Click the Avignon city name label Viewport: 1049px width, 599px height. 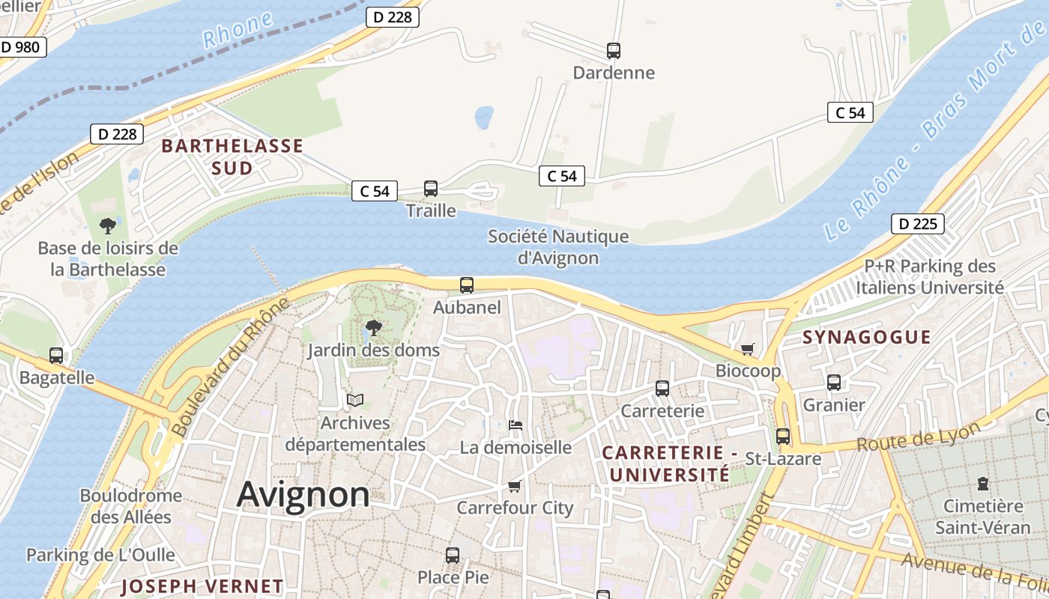point(303,495)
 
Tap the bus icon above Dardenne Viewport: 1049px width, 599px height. point(614,51)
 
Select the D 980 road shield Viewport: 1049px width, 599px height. point(20,47)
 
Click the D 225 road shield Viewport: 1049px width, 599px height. point(917,224)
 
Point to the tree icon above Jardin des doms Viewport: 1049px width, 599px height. point(372,327)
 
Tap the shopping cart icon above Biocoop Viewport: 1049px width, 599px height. point(747,348)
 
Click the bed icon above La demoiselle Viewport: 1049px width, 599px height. point(516,425)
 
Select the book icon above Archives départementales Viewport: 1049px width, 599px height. point(355,401)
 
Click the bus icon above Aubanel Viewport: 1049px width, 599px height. point(467,285)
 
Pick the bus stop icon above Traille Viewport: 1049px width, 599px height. point(431,189)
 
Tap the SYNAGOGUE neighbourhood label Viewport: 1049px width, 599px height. point(866,337)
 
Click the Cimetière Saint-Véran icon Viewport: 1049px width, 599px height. point(983,484)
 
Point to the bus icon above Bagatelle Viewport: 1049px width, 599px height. point(56,356)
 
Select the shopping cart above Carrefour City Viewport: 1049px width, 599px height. point(515,486)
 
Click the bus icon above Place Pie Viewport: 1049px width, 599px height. point(453,555)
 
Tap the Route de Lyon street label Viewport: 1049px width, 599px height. point(918,437)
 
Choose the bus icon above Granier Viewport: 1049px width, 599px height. point(834,383)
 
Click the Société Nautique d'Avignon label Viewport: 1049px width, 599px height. point(558,247)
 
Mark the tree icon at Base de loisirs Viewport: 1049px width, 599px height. point(108,225)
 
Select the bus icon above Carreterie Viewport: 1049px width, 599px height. point(662,388)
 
